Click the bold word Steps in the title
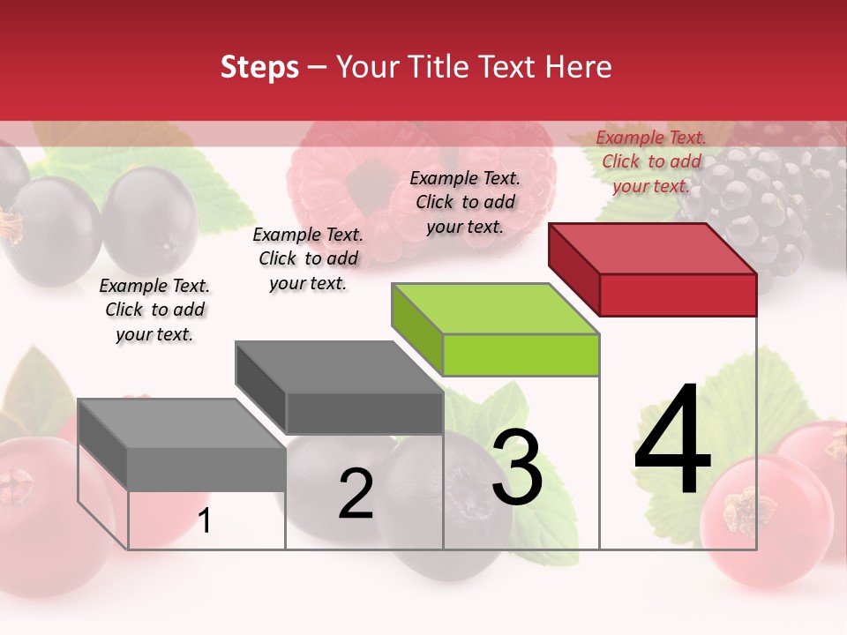tap(259, 67)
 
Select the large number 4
tap(672, 441)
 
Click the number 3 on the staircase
tap(517, 468)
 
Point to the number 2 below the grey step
tap(356, 494)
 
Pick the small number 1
tap(205, 520)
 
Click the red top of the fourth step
tap(653, 249)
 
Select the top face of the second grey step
tap(340, 367)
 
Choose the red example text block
tap(651, 161)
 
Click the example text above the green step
tap(465, 202)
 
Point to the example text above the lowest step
tap(154, 310)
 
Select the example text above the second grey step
tap(308, 258)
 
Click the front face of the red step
tap(678, 295)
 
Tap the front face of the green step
tap(521, 355)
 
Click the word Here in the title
tap(579, 67)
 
